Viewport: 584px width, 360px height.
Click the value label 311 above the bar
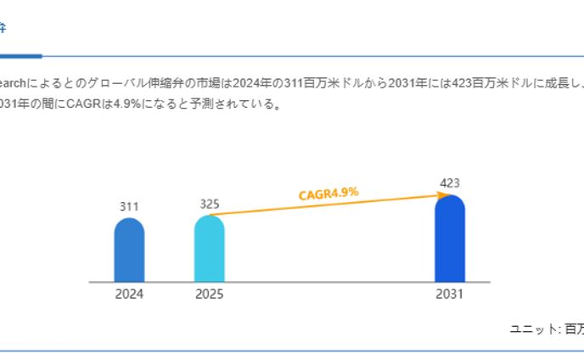click(x=129, y=206)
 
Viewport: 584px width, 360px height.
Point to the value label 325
click(x=210, y=204)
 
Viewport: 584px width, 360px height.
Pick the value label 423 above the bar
click(x=450, y=183)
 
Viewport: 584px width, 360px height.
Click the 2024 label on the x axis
click(x=129, y=295)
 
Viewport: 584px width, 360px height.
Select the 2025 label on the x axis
click(x=210, y=295)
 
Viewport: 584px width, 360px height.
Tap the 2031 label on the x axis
click(x=450, y=295)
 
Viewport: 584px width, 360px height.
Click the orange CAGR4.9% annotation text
click(x=328, y=194)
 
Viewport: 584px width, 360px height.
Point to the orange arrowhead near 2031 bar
click(x=442, y=195)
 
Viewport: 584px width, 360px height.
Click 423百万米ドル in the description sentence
click(x=480, y=83)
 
